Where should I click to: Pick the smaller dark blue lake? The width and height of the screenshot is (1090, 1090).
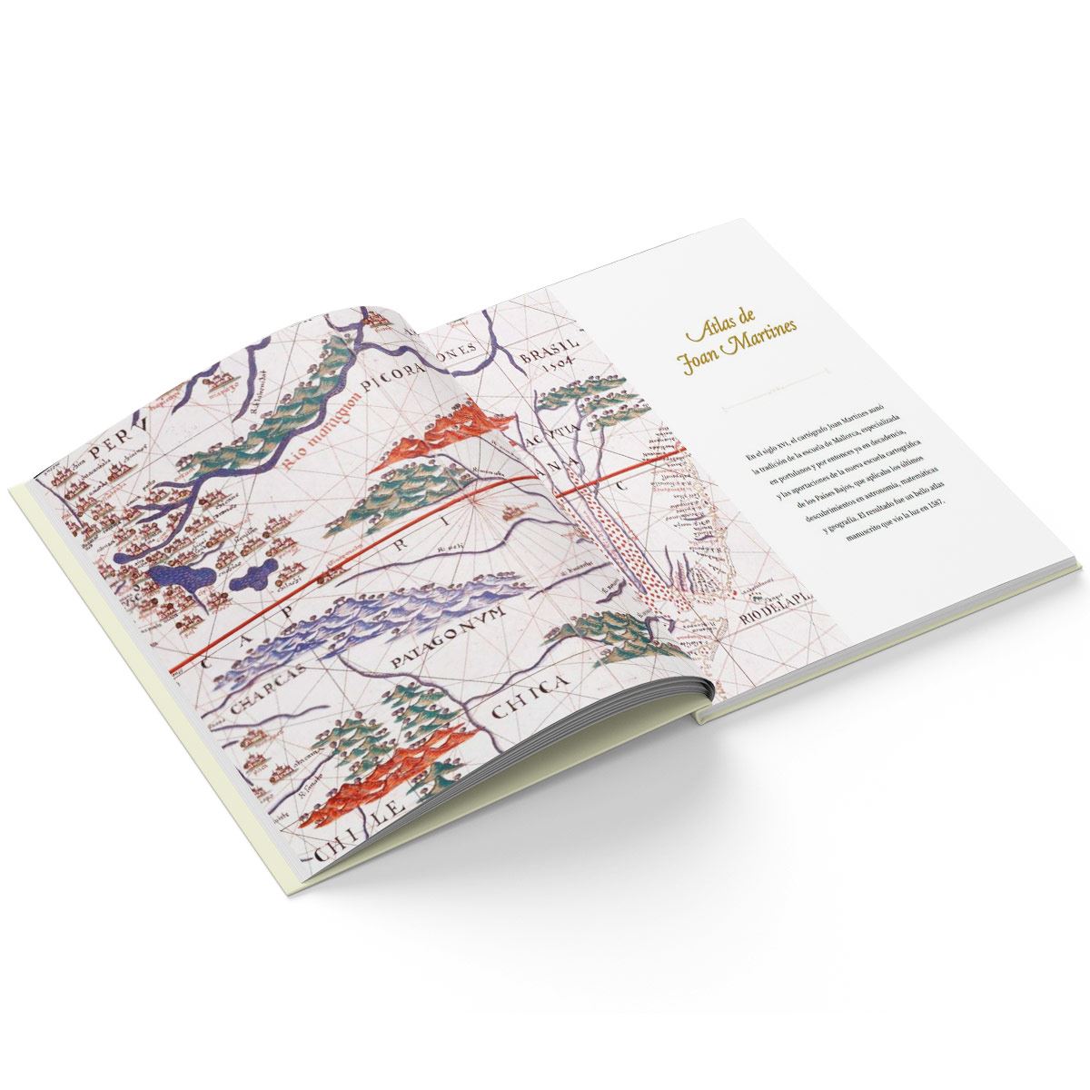pos(254,574)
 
